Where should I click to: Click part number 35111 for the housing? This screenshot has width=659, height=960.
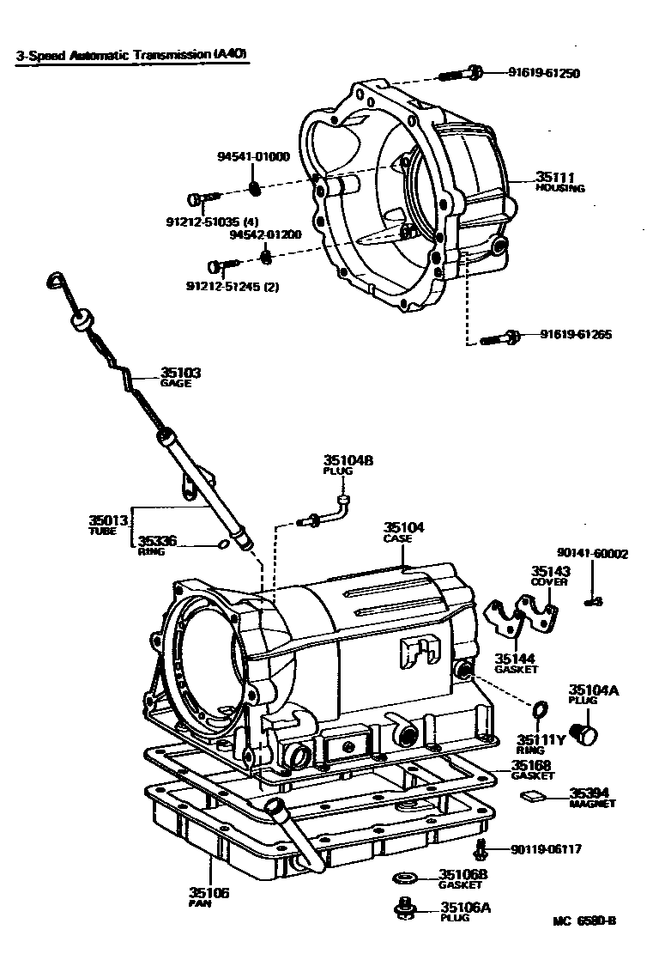(x=554, y=177)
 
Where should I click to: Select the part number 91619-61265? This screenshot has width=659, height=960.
(x=576, y=335)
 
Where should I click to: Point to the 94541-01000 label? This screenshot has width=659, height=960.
(x=253, y=156)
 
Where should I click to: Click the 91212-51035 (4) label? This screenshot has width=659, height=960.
(x=212, y=221)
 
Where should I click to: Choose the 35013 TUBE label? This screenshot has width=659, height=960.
(x=108, y=519)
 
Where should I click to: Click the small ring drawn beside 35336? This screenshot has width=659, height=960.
(x=222, y=543)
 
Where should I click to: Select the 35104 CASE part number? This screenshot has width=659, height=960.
(x=403, y=527)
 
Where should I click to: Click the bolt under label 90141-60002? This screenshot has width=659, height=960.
(x=592, y=601)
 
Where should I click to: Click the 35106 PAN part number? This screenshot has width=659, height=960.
(x=209, y=893)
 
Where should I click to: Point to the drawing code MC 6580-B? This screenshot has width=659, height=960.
(x=584, y=921)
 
